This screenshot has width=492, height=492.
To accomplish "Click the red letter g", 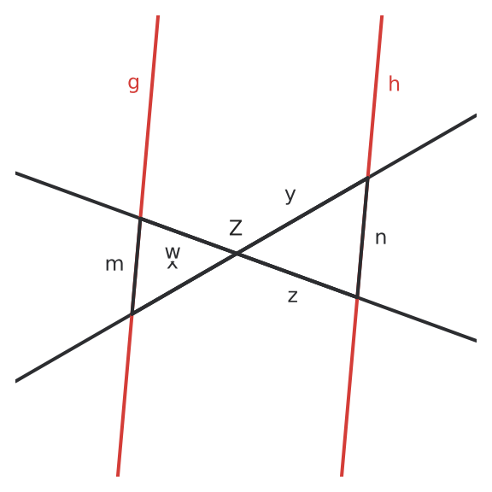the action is point(133,84).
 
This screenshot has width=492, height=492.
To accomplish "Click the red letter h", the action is point(394,84).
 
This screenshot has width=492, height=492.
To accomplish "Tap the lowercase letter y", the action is point(290,196).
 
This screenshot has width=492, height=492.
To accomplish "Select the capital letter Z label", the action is point(236,228).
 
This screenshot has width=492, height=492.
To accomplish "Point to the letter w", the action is point(173,252).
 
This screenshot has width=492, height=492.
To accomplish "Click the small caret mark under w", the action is point(173,265).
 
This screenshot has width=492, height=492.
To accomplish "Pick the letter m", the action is point(114,265).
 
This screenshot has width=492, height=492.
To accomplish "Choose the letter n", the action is point(381,238).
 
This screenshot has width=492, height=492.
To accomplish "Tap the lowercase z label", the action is point(292,296).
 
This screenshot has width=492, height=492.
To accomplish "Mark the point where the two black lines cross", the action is point(237,253).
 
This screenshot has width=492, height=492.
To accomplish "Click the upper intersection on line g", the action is point(140,217).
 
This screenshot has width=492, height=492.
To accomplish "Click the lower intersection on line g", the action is point(132,313).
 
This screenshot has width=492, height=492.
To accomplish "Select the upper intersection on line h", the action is point(368,178).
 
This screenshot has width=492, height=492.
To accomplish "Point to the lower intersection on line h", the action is point(357,297).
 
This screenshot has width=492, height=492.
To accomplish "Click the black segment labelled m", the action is point(136,266).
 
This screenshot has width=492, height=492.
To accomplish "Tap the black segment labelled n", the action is point(363,237).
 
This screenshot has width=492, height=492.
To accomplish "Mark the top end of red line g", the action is point(158,15).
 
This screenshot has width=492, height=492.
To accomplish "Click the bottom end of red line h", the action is point(342,476).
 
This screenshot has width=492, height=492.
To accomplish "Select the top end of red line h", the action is point(382,15).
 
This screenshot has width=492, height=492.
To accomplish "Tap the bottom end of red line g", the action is point(118,476).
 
